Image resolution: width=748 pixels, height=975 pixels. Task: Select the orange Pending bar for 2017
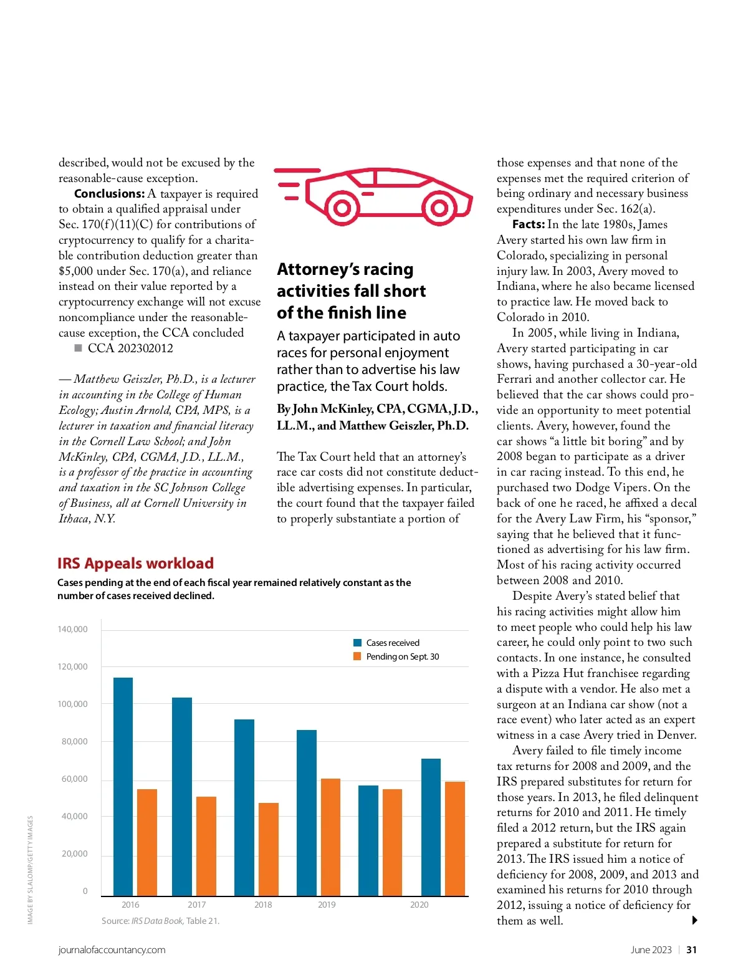click(206, 846)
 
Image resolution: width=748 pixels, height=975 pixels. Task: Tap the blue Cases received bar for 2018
click(244, 807)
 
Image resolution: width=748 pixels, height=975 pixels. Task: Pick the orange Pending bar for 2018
click(269, 849)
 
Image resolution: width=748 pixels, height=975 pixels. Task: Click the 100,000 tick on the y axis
click(74, 704)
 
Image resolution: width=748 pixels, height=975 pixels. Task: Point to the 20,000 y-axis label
click(75, 854)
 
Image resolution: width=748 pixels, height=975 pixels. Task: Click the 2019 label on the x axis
click(327, 905)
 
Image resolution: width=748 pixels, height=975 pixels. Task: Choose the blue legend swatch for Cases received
click(358, 643)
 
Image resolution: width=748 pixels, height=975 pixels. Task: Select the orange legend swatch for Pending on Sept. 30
click(358, 656)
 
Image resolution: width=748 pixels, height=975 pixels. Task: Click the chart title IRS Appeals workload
click(135, 564)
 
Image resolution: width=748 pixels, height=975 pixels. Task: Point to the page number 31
click(691, 950)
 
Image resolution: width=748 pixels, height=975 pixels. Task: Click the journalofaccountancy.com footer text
click(112, 950)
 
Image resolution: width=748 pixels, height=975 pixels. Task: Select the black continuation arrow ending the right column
click(694, 921)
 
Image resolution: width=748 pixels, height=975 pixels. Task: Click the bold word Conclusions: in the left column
click(109, 194)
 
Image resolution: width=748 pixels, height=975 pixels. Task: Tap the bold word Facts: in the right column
click(528, 224)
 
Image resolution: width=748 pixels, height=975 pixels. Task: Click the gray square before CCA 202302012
click(78, 348)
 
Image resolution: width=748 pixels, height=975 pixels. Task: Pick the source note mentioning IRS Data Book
click(160, 921)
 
